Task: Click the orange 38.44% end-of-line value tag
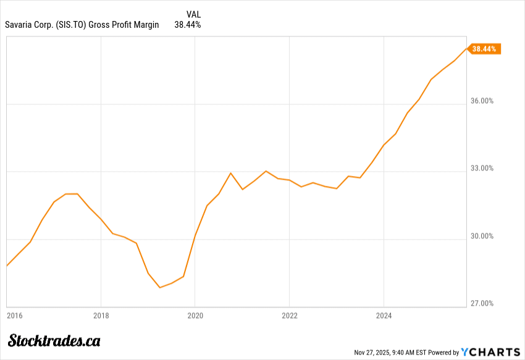484,49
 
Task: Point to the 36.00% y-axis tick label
481,101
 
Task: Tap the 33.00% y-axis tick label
481,168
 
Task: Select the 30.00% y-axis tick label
481,236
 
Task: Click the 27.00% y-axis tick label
481,303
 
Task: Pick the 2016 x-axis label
14,316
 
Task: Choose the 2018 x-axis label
101,316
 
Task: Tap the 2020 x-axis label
195,316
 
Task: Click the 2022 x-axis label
290,316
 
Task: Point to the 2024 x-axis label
384,316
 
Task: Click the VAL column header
193,14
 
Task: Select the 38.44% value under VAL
188,25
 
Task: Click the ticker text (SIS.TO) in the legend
68,25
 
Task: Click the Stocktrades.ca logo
54,340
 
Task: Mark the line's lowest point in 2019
159,287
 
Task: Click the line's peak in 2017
71,194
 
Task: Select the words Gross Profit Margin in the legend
124,25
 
